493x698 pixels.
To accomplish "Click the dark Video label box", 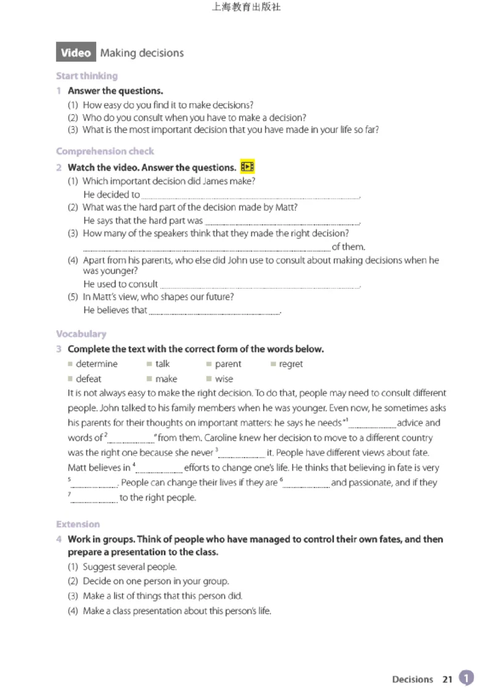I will pos(76,53).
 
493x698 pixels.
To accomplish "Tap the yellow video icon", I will pos(247,167).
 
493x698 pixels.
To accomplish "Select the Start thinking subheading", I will pos(86,76).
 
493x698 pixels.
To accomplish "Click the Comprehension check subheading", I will pos(105,151).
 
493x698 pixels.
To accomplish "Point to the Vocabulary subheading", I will pos(81,334).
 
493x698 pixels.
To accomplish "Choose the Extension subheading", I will pos(78,524).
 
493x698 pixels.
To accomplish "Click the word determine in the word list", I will pos(96,364).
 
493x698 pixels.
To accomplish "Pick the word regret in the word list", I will pos(290,364).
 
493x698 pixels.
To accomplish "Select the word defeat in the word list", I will pos(88,379).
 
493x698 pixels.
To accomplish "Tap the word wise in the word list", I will pos(224,379).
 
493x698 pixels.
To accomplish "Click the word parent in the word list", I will pos(228,364).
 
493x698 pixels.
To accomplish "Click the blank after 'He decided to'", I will pos(250,195).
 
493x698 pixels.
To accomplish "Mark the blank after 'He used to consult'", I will pos(259,285).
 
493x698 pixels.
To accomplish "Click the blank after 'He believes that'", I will pos(214,311).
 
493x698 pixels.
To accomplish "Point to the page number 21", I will pos(447,679).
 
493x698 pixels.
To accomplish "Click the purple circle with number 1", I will pos(467,678).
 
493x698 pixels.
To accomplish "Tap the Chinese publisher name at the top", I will pos(246,8).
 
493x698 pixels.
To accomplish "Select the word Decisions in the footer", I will pos(412,679).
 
